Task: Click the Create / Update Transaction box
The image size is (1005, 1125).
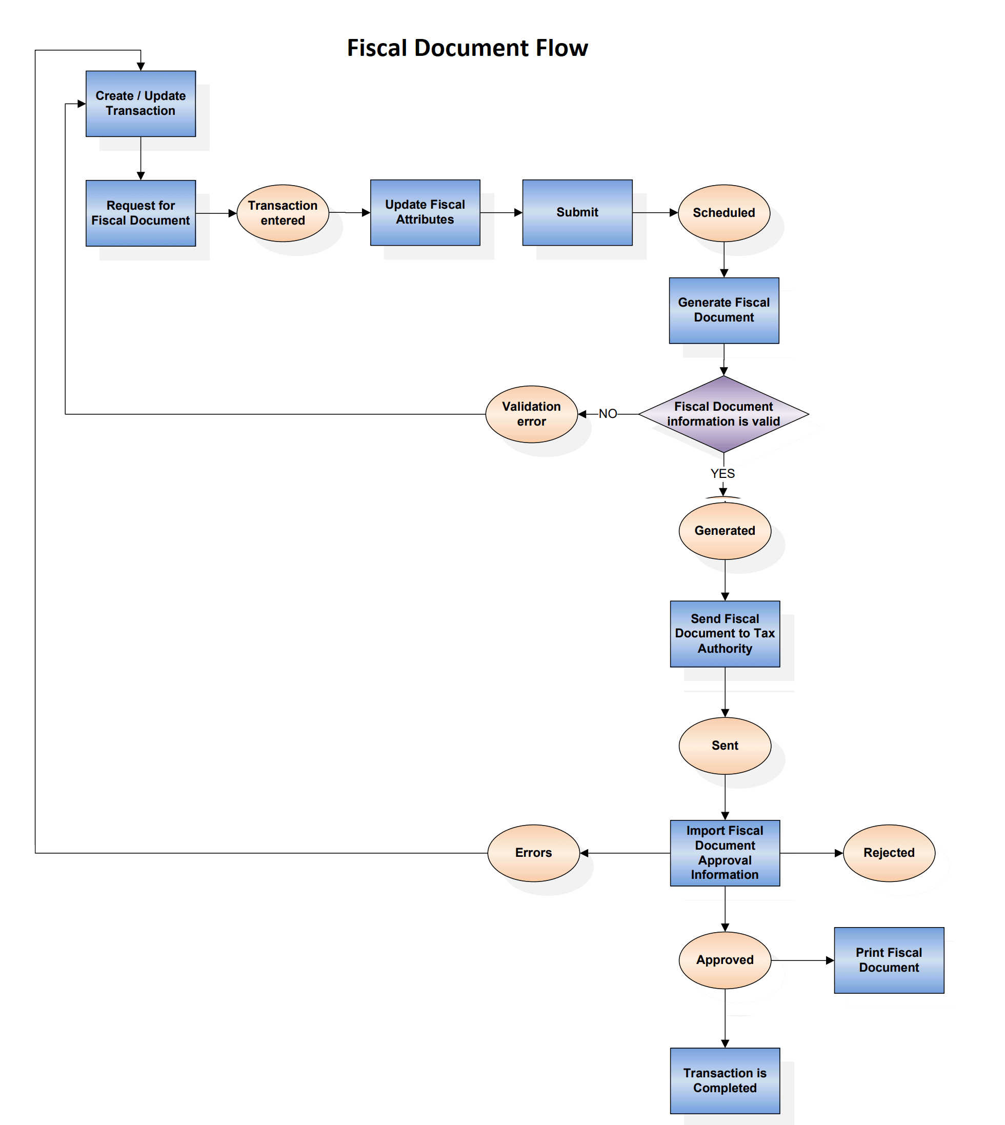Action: coord(140,103)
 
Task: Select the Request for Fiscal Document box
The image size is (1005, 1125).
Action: coord(140,213)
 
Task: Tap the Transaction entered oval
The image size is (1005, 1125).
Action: coord(283,213)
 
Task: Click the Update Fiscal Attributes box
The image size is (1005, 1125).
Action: coord(425,212)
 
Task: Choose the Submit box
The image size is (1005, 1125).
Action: coord(577,212)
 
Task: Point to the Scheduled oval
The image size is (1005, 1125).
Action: coord(723,213)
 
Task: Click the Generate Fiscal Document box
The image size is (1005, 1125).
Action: coord(723,310)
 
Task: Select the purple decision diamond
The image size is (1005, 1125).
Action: coord(723,414)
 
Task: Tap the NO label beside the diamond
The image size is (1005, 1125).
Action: coord(608,414)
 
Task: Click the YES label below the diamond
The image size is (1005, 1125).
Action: coord(722,473)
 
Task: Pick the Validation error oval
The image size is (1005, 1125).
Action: coord(531,414)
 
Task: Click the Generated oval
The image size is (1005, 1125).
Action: coord(725,531)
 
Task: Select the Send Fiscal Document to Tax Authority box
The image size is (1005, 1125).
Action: coord(725,633)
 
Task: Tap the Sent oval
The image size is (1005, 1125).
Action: coord(725,746)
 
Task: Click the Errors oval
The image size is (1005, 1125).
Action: coord(533,853)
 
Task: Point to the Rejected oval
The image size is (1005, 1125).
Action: coord(889,853)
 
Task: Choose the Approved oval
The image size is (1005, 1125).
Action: coord(725,960)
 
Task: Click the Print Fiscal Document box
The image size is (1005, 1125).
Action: coord(889,960)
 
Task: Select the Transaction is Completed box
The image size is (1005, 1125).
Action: coord(725,1080)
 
